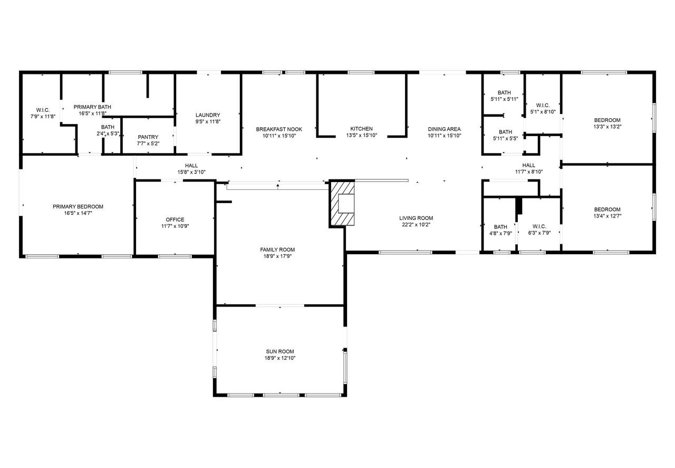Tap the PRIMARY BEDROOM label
tap(78, 206)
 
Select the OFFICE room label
tap(175, 219)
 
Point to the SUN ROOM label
tap(280, 351)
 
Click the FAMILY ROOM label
tap(277, 250)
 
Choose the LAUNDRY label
tap(208, 115)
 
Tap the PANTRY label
tap(148, 137)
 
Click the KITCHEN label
tap(362, 129)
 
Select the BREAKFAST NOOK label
tap(279, 129)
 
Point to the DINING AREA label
tap(445, 129)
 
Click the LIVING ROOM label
tap(416, 218)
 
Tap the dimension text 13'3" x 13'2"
tap(607, 127)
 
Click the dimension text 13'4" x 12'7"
tap(607, 216)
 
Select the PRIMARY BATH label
tap(92, 107)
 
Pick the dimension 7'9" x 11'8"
tap(43, 117)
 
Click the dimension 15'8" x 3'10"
tap(191, 172)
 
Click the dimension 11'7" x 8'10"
tap(529, 172)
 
